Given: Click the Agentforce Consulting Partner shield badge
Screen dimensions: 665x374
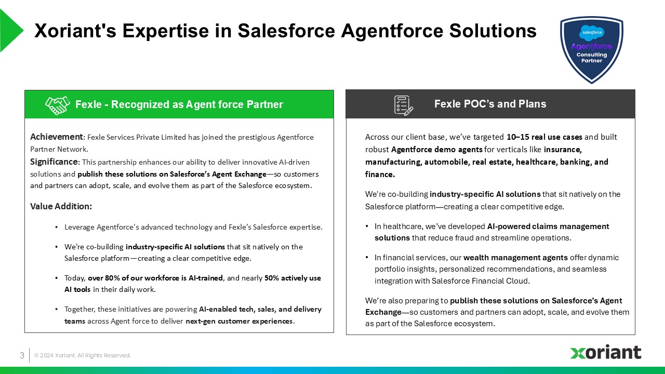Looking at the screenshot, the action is click(x=591, y=49).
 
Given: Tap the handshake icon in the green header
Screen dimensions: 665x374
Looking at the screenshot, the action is click(x=58, y=105).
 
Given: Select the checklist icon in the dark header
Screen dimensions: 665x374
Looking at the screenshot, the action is click(x=404, y=105).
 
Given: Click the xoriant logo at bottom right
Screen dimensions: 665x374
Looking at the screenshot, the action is click(x=606, y=352).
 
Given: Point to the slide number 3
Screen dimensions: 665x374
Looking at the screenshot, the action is click(x=22, y=355).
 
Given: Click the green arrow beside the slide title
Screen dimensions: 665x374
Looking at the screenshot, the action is click(x=11, y=30).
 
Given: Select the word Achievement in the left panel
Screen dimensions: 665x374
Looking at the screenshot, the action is click(x=57, y=137).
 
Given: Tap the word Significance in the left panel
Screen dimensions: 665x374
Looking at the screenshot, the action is click(x=54, y=162).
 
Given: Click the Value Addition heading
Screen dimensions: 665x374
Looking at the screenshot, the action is click(x=61, y=206).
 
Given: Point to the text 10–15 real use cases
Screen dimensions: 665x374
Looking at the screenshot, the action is click(x=544, y=137).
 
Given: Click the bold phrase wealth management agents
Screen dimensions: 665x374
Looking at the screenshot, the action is click(x=515, y=258).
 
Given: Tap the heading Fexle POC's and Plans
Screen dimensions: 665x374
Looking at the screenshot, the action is click(x=490, y=104).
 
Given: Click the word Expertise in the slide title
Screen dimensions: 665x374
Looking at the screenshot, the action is click(x=166, y=31).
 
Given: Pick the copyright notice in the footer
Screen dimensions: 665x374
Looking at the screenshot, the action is click(x=82, y=355).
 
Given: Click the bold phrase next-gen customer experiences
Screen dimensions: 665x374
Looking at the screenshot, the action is click(x=239, y=321).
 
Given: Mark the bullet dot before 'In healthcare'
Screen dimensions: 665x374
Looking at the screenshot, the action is click(x=367, y=226).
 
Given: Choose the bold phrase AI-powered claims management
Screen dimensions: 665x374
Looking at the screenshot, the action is click(x=548, y=226).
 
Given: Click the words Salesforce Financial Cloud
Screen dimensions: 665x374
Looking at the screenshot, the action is click(x=480, y=281).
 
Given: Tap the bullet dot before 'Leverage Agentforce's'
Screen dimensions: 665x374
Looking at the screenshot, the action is click(x=57, y=228).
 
